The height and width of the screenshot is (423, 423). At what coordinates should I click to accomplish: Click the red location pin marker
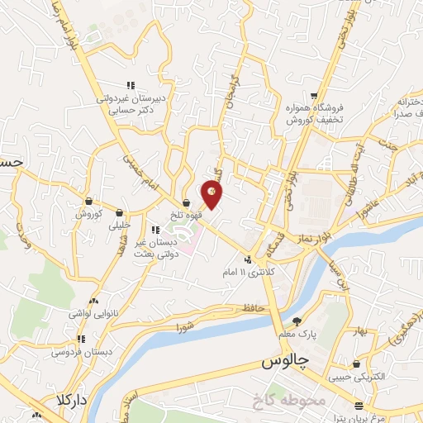point(211,193)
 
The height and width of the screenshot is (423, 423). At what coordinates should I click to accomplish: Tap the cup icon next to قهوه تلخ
point(187,202)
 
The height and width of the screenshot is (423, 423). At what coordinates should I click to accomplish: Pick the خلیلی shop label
point(120,224)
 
